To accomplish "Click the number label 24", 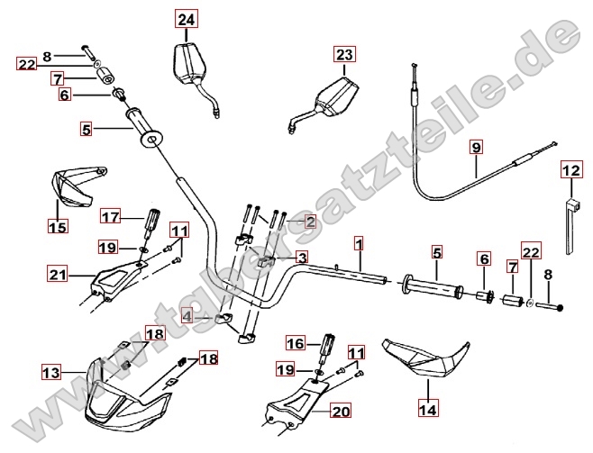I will point(186,20).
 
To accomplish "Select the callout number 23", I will point(344,55).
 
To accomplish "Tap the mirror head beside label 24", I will point(188,63).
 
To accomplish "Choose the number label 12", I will point(571,169).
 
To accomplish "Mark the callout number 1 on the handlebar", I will point(359,244).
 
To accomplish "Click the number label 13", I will point(51,370).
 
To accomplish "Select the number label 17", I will point(110,217).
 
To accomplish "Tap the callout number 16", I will point(296,343).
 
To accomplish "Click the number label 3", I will point(302,258).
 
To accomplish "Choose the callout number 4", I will point(187,316).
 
